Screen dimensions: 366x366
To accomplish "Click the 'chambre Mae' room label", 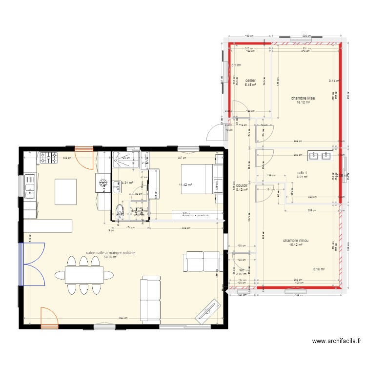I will point(303,98).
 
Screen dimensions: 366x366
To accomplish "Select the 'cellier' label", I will point(250,81).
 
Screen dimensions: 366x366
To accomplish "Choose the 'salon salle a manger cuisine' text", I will point(110,253).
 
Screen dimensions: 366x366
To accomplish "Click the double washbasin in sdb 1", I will point(320,156).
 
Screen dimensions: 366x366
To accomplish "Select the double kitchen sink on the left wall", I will point(29,185).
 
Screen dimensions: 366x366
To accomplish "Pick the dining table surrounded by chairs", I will point(84,276).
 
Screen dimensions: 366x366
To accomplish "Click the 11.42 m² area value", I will point(186,185).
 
